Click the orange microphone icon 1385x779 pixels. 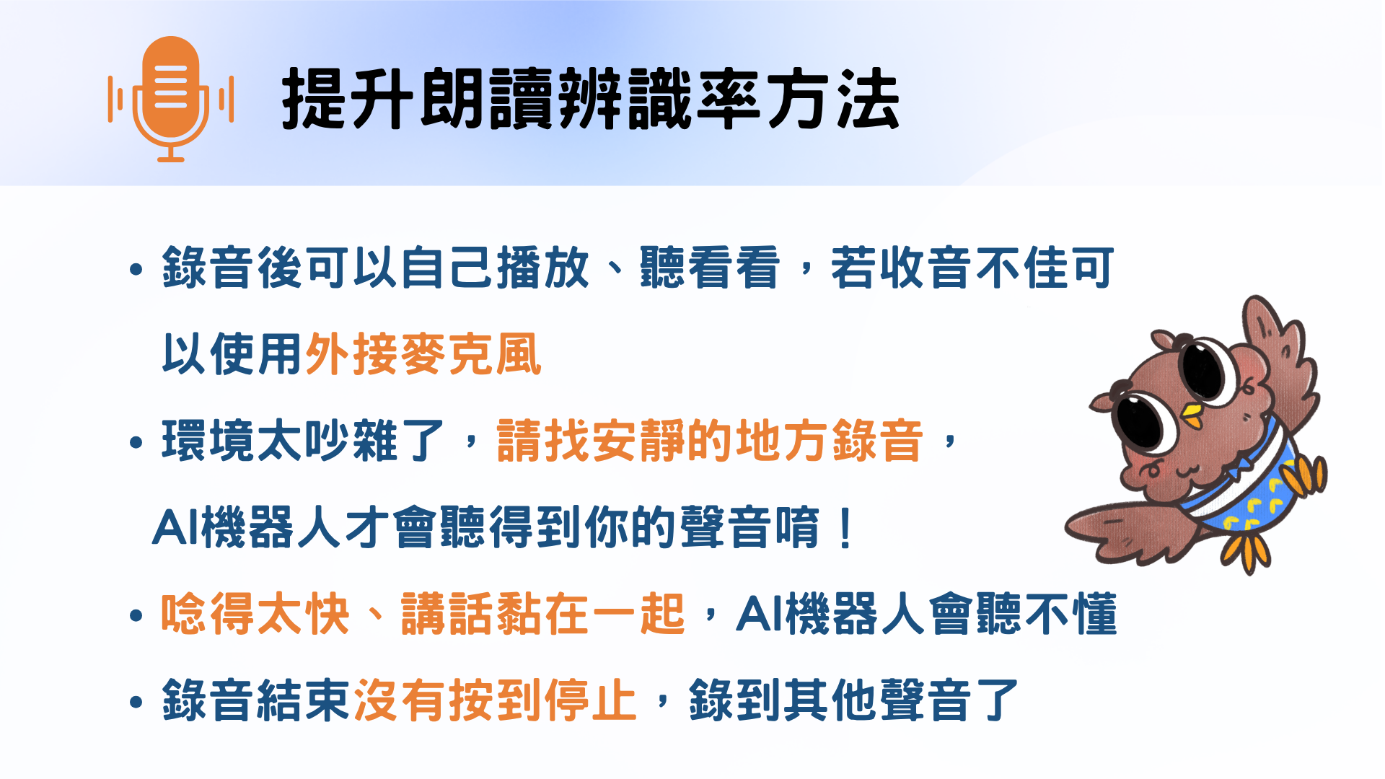[x=171, y=99]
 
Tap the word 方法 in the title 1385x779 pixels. [x=833, y=99]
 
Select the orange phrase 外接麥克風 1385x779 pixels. [x=423, y=354]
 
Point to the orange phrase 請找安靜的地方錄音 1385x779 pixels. [x=710, y=441]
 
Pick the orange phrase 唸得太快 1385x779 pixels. [x=255, y=614]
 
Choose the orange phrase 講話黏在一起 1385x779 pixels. [x=542, y=614]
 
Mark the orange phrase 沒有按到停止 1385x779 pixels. [x=495, y=700]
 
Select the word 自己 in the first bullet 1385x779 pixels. [x=447, y=268]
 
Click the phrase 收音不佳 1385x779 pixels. [x=972, y=268]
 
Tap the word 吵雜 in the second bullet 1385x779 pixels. [x=352, y=441]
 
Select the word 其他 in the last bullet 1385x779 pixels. [x=831, y=700]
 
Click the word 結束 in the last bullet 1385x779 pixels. [x=304, y=700]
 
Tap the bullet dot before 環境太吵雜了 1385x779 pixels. [x=136, y=442]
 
